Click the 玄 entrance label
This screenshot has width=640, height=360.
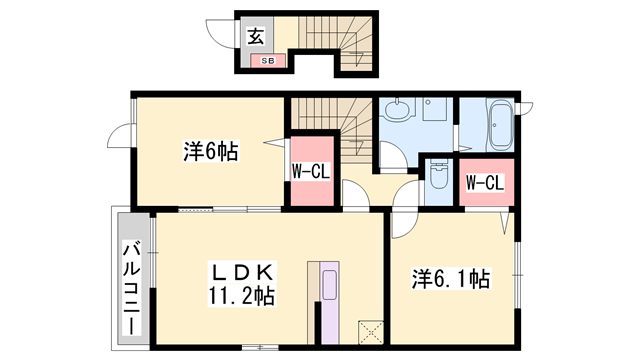(255, 38)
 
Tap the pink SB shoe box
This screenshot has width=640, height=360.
(267, 61)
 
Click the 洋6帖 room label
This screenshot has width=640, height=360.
(210, 152)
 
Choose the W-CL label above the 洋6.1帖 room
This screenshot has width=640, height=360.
(484, 183)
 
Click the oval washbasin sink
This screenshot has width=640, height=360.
(400, 107)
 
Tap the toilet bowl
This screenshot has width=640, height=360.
(438, 174)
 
